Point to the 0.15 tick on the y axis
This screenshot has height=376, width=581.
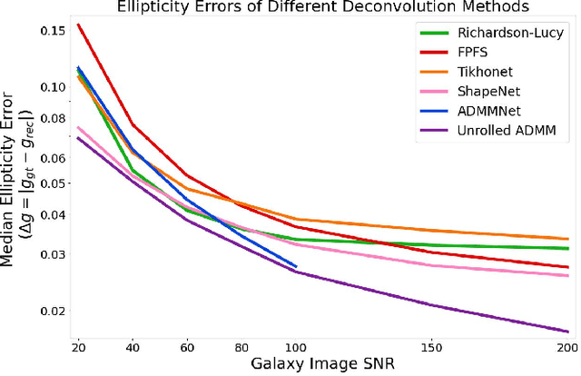pos(53,32)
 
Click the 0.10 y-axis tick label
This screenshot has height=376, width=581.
pos(53,87)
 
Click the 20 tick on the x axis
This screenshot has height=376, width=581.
pos(79,348)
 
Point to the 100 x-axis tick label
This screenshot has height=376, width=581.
pos(296,348)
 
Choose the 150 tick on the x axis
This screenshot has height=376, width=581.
pos(431,348)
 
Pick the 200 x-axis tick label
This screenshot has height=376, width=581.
pos(566,348)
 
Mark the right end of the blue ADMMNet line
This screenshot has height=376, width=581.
pos(296,266)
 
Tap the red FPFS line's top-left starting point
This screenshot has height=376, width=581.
pos(79,25)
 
